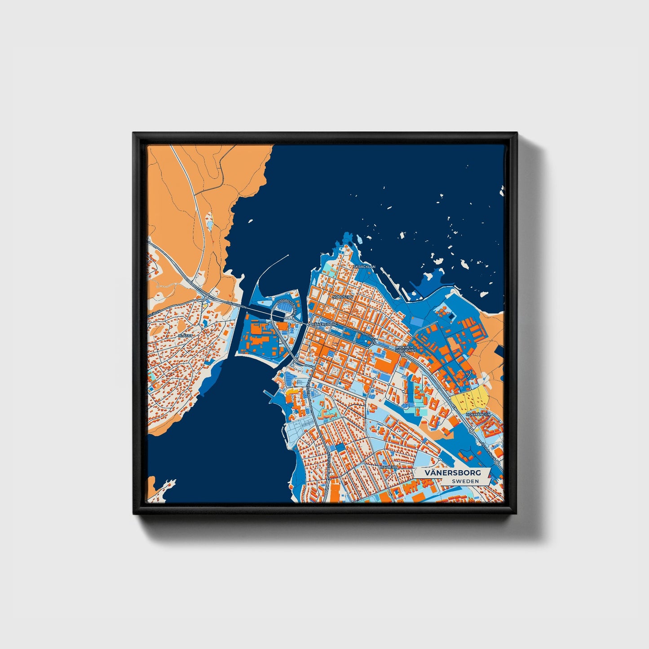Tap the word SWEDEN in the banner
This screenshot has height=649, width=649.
465,481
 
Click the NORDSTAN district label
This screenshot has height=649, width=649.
342,297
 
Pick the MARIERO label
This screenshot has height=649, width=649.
389,468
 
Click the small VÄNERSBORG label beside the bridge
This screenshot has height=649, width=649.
323,323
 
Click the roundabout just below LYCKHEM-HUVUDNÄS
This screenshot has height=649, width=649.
403,355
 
